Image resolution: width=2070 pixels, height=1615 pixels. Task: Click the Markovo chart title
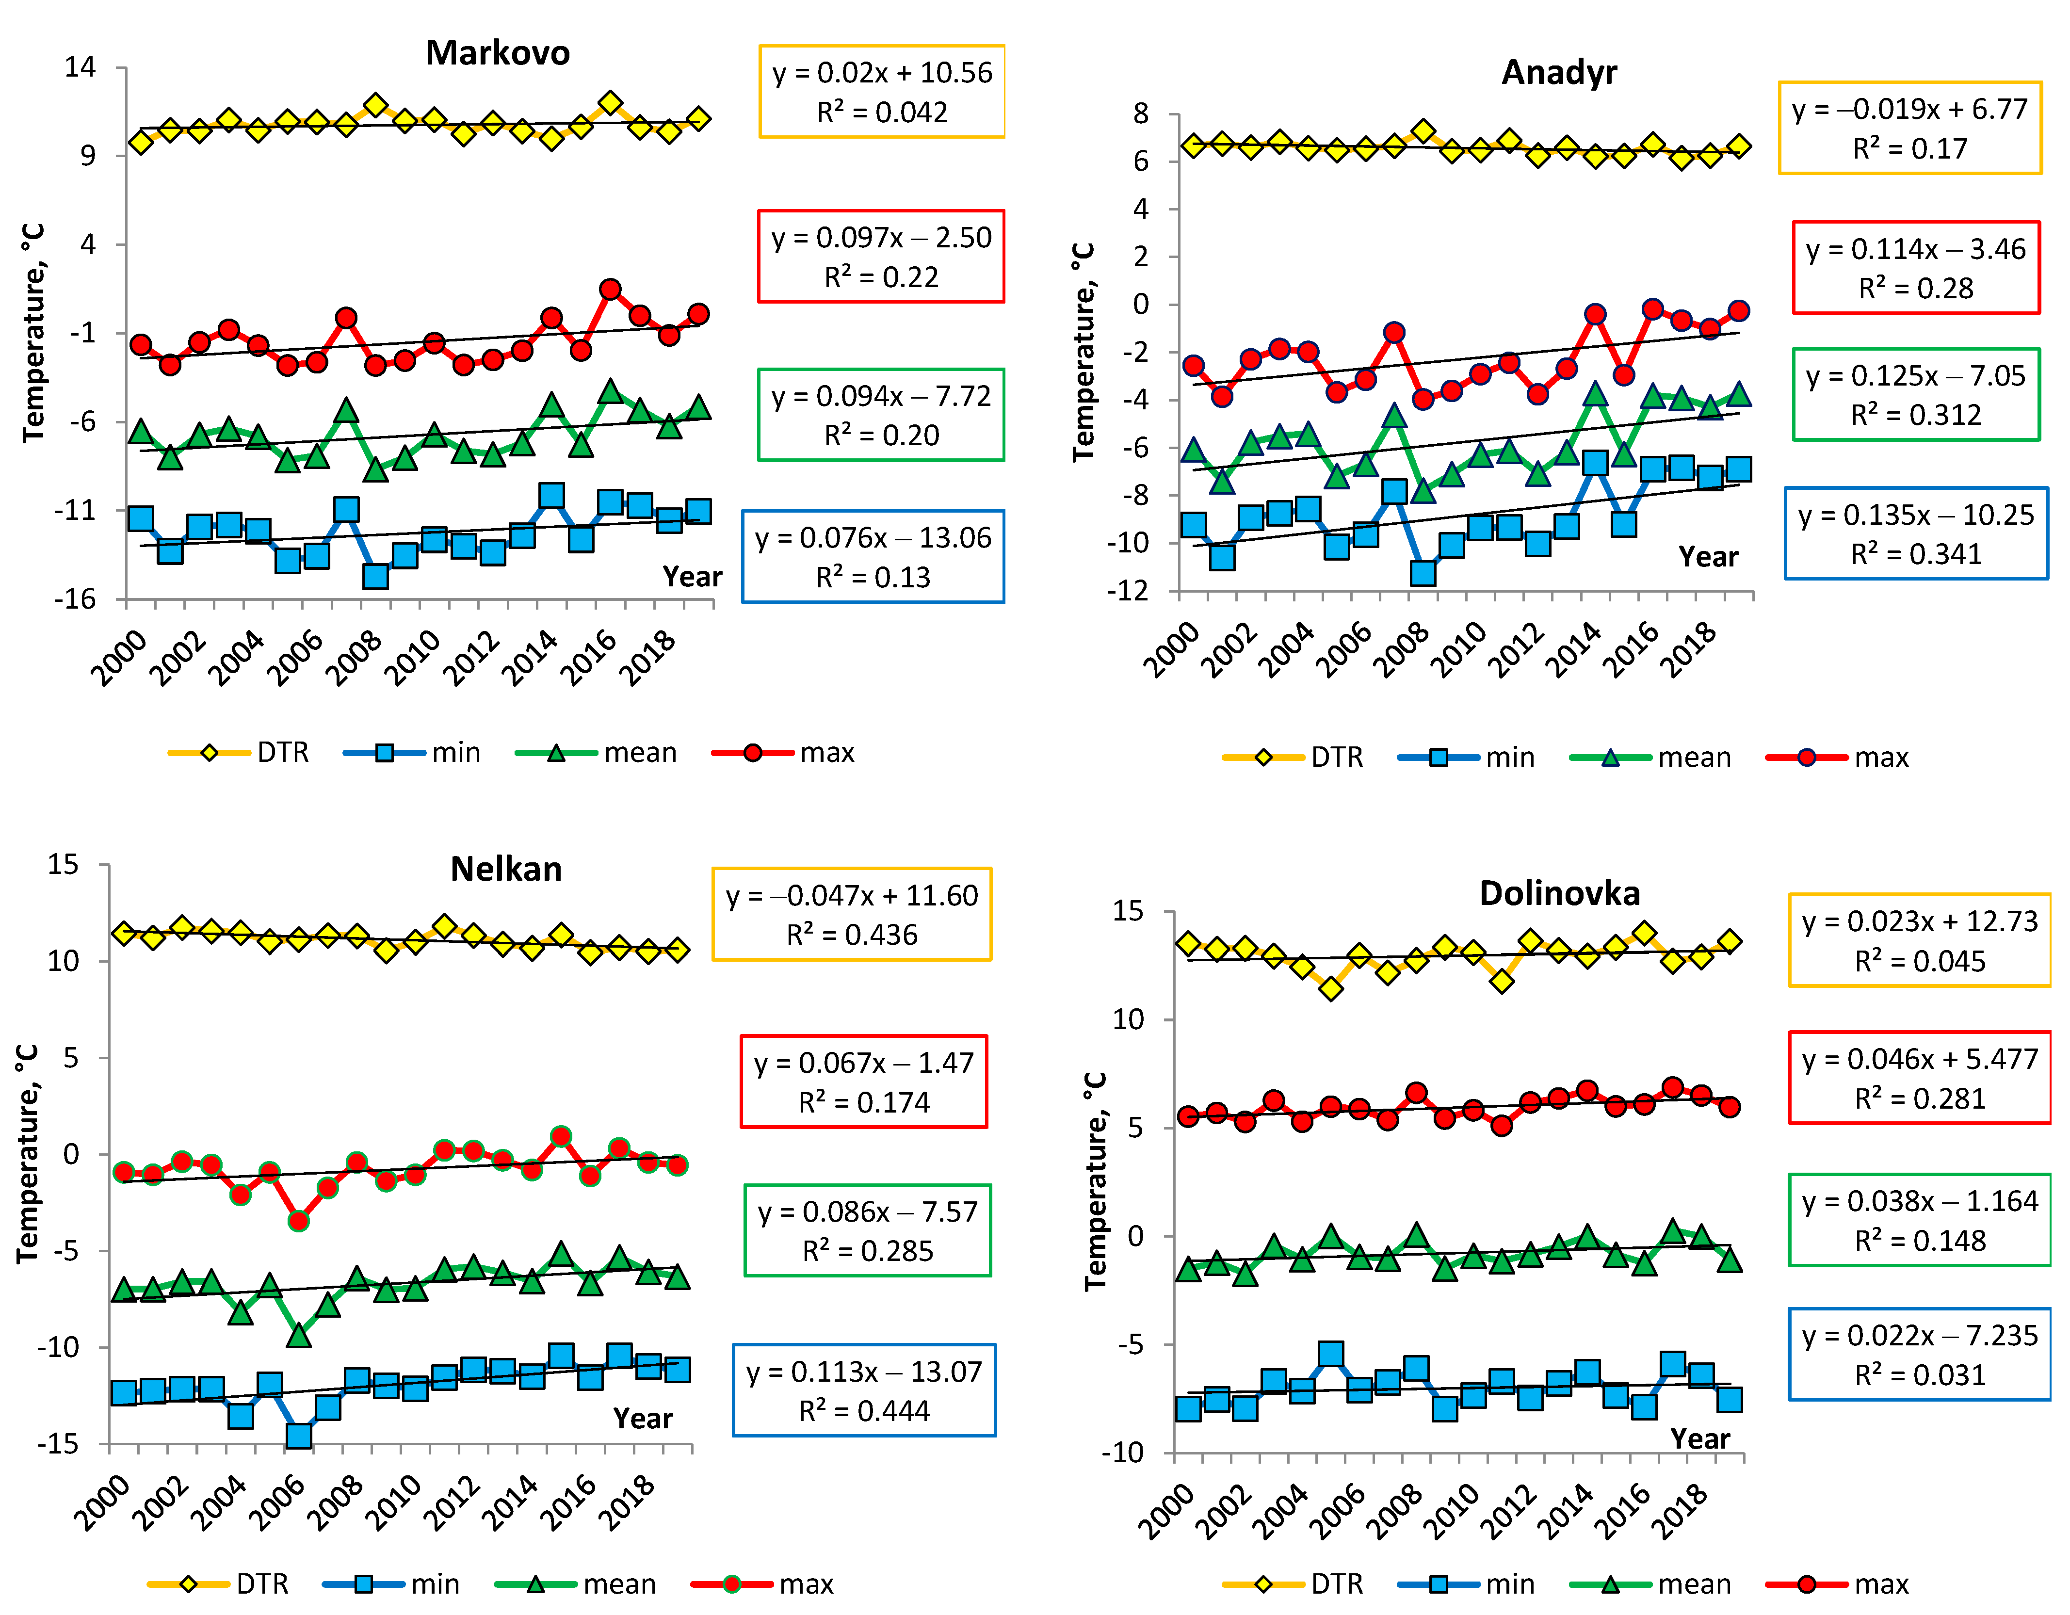click(x=498, y=53)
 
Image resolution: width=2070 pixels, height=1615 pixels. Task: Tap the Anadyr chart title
click(x=1559, y=72)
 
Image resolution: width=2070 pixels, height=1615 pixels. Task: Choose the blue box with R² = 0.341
click(x=1915, y=533)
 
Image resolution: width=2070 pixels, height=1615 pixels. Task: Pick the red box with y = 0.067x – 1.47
click(x=863, y=1082)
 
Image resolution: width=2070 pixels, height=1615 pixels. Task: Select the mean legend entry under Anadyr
click(x=1651, y=757)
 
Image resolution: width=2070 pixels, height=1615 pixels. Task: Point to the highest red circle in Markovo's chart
click(x=611, y=289)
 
